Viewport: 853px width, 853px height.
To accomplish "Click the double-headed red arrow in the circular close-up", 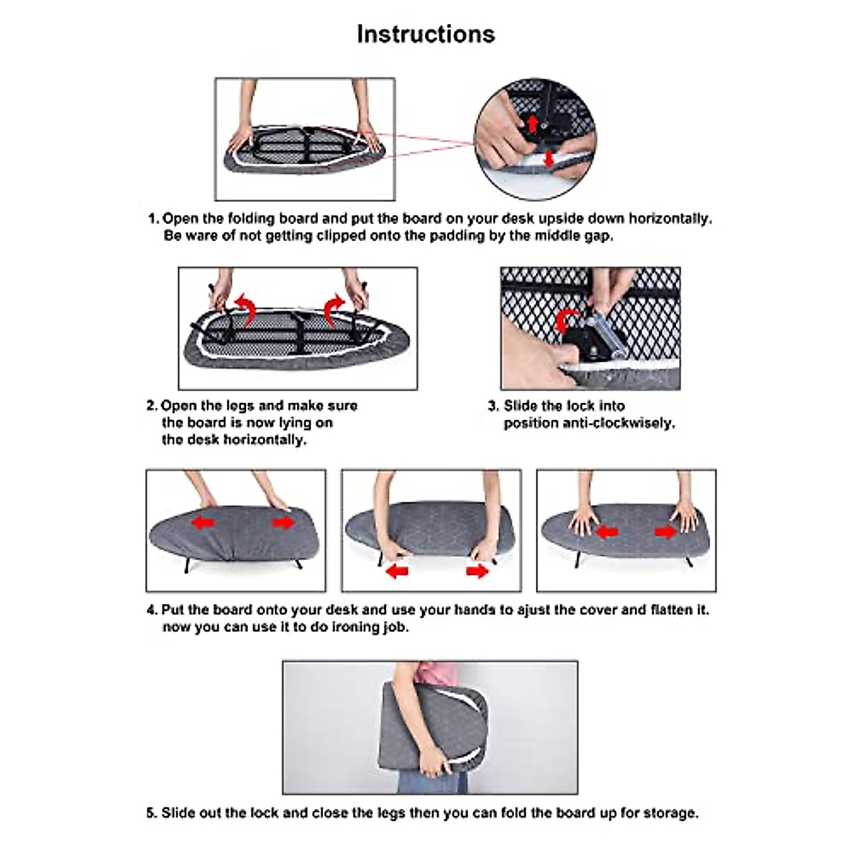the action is pos(549,159).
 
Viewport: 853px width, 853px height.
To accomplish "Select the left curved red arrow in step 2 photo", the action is pos(246,311).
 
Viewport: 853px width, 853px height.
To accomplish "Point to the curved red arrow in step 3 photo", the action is pos(565,320).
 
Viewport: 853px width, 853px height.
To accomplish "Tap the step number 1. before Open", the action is pos(153,219).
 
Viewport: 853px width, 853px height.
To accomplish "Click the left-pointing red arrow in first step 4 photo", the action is pos(203,522).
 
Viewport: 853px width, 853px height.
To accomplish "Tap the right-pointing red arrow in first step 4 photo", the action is pos(284,522).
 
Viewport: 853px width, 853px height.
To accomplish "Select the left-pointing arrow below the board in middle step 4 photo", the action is pos(397,572).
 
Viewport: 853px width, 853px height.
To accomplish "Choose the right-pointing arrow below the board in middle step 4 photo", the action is pos(477,572).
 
